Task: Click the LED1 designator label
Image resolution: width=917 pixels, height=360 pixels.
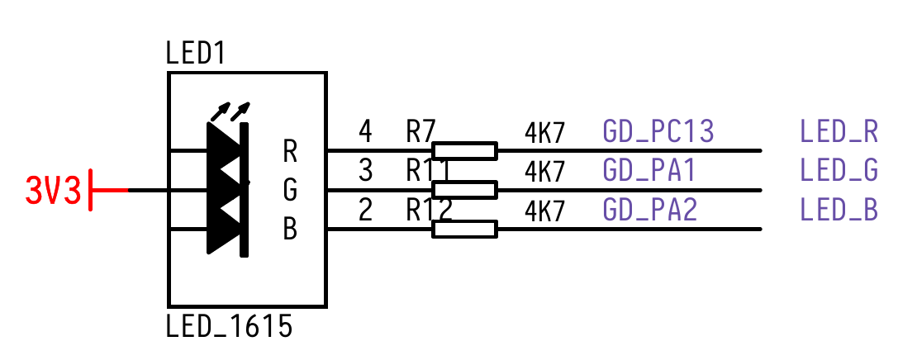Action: [x=196, y=54]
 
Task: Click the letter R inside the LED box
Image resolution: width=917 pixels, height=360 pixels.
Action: [x=290, y=151]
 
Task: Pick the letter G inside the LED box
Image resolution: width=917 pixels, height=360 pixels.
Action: [x=290, y=191]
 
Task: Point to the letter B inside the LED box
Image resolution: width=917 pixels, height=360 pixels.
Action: [x=290, y=230]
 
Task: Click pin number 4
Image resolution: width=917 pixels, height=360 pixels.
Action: [x=365, y=131]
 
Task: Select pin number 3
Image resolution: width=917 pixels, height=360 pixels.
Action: [x=365, y=171]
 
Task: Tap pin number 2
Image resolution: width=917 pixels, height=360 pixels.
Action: [x=365, y=211]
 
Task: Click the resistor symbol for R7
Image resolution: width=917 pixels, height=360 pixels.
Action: [x=465, y=150]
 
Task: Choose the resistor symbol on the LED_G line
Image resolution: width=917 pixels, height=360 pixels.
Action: [x=465, y=190]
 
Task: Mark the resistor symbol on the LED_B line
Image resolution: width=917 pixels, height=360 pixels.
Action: [x=465, y=230]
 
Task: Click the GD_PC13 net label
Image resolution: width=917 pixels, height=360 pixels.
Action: [x=658, y=131]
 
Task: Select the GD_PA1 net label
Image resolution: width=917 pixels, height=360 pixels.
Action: [x=649, y=171]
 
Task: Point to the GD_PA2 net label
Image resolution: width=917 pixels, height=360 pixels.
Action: [x=650, y=211]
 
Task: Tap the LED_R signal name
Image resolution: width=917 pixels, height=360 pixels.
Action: [x=839, y=131]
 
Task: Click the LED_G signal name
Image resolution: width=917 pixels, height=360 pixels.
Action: [x=839, y=171]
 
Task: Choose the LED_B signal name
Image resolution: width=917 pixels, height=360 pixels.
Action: [x=839, y=211]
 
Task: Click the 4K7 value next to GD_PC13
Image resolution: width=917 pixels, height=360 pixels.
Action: [x=545, y=132]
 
